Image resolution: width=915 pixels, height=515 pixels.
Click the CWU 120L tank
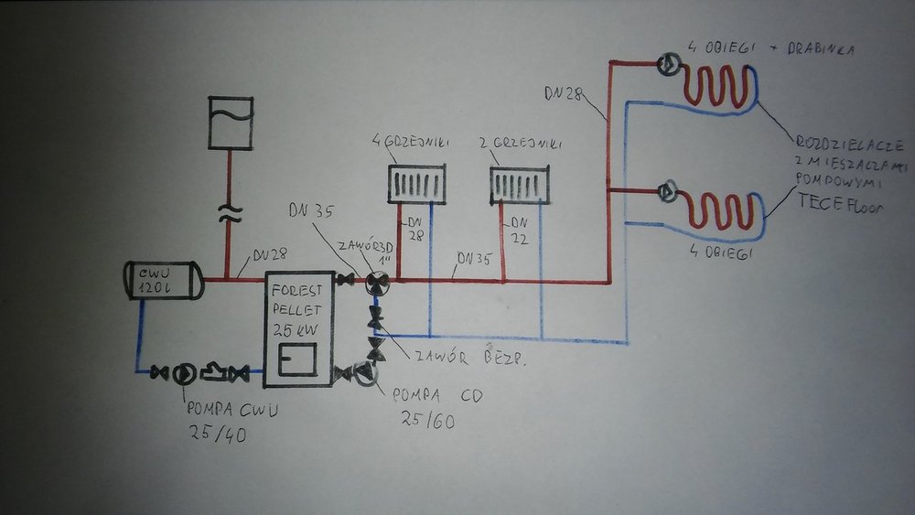pos(162,279)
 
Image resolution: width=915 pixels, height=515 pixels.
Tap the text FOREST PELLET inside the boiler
pos(294,298)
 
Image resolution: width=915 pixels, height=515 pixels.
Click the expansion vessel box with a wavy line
pos(230,123)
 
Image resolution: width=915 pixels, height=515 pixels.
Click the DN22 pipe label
pos(519,229)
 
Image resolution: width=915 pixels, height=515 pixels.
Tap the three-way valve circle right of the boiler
pos(375,284)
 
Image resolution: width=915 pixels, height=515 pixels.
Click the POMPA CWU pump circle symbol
pos(184,372)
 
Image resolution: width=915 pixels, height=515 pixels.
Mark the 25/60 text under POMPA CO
pos(427,422)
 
